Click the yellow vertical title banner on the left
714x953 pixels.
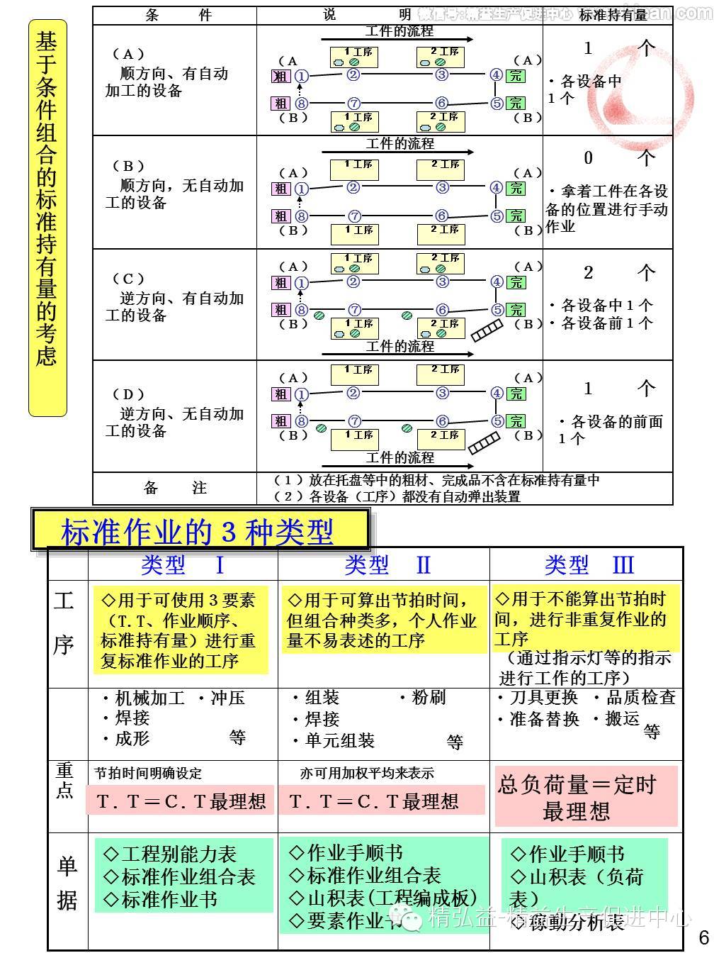pyautogui.click(x=47, y=218)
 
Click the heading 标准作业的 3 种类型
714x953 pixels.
pyautogui.click(x=198, y=531)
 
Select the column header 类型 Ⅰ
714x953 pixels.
pyautogui.click(x=183, y=564)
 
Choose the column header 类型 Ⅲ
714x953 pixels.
pyautogui.click(x=589, y=564)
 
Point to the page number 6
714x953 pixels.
pyautogui.click(x=703, y=936)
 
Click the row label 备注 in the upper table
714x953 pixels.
pyautogui.click(x=175, y=488)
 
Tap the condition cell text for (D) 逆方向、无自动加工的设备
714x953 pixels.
pyautogui.click(x=174, y=413)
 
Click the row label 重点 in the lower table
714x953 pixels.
pyautogui.click(x=65, y=779)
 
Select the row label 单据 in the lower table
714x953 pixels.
pyautogui.click(x=67, y=882)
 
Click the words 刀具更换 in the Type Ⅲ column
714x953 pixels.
pyautogui.click(x=544, y=698)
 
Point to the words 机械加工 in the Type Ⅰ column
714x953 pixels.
pyautogui.click(x=149, y=698)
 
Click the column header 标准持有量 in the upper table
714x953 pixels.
pyautogui.click(x=613, y=15)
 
